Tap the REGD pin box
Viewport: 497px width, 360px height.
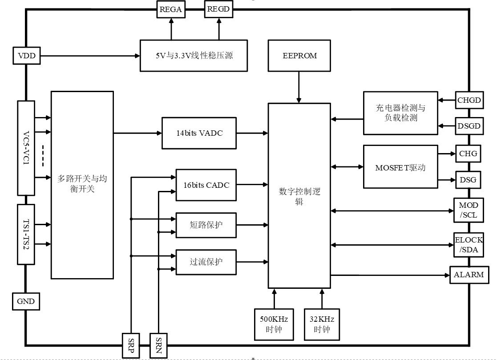pyautogui.click(x=218, y=9)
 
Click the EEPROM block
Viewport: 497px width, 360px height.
pyautogui.click(x=300, y=56)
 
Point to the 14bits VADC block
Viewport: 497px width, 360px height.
pyautogui.click(x=199, y=133)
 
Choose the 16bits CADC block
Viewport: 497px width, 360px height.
pyautogui.click(x=206, y=185)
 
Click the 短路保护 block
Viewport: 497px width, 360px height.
pyautogui.click(x=206, y=226)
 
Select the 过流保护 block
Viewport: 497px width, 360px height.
pyautogui.click(x=206, y=262)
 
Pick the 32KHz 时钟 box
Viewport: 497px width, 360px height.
pyautogui.click(x=322, y=324)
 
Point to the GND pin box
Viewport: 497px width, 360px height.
pyautogui.click(x=25, y=301)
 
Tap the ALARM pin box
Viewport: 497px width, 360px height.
pyautogui.click(x=469, y=275)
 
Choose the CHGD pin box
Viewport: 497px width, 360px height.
pyautogui.click(x=469, y=100)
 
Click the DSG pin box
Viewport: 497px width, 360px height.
pyautogui.click(x=468, y=180)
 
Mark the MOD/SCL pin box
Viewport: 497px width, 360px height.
pyautogui.click(x=469, y=210)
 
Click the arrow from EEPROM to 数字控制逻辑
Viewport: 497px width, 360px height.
pyautogui.click(x=299, y=87)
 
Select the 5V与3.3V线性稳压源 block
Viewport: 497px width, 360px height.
pyautogui.click(x=194, y=56)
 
